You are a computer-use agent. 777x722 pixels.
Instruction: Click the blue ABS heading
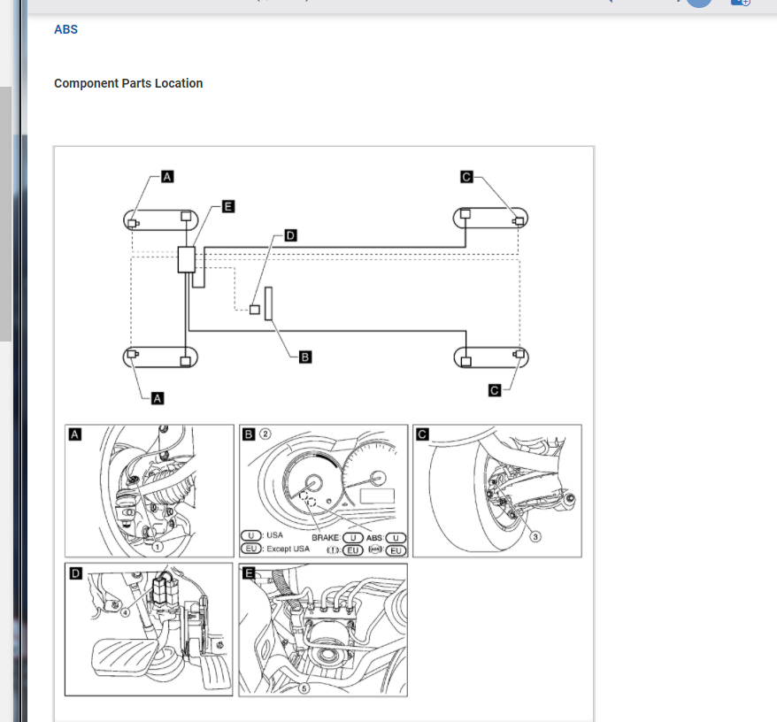[x=65, y=29]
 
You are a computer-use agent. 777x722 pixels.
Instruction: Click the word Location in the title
[x=179, y=83]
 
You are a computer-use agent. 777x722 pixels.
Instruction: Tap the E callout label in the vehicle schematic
[x=227, y=206]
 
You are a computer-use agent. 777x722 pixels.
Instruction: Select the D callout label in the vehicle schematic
[x=290, y=236]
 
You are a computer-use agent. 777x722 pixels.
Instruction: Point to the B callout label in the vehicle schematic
[x=304, y=357]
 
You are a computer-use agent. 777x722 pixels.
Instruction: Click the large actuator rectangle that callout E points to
[x=187, y=259]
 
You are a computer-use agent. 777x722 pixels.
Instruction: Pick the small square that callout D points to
[x=254, y=310]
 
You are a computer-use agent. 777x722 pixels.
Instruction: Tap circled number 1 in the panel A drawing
[x=157, y=546]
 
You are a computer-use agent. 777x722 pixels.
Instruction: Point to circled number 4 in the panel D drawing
[x=126, y=610]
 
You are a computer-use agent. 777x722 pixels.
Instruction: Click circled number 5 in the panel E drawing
[x=304, y=687]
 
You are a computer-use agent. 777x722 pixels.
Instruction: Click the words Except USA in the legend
[x=288, y=549]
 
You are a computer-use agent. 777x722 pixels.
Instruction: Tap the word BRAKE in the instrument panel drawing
[x=327, y=537]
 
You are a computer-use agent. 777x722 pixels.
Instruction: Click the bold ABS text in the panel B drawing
[x=374, y=537]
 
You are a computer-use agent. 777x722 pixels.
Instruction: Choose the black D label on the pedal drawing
[x=75, y=574]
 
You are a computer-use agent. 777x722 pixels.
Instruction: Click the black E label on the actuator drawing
[x=250, y=573]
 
